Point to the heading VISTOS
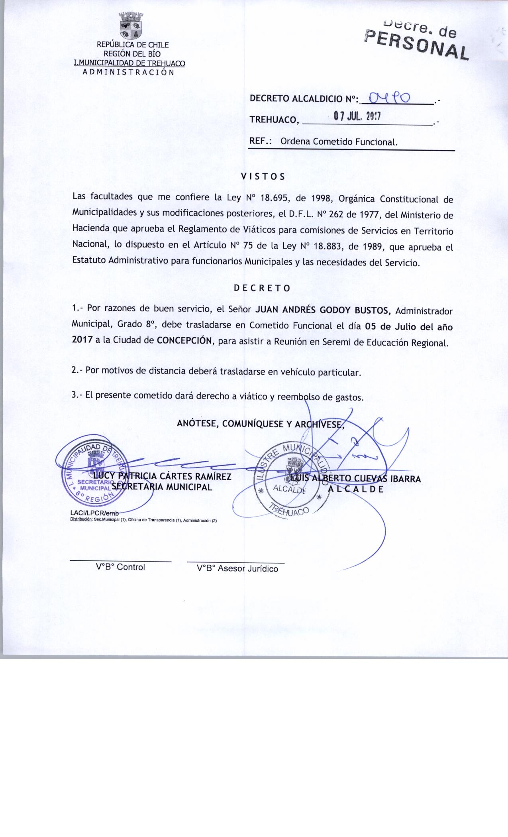point(263,177)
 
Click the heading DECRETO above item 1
point(262,288)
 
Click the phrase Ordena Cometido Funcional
point(339,141)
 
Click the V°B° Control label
point(120,567)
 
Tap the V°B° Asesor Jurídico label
point(237,569)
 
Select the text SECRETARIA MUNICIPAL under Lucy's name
point(163,487)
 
